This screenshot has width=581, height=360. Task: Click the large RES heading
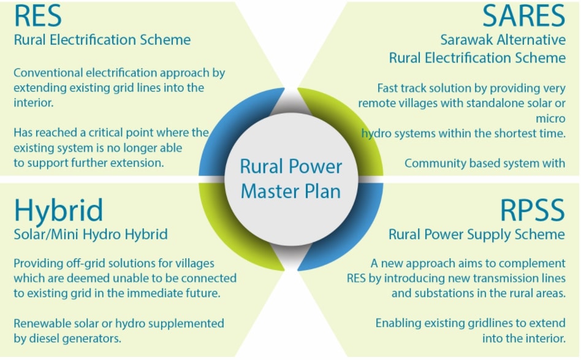click(38, 16)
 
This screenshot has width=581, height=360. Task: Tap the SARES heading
click(523, 16)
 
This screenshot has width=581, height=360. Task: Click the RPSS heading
click(533, 210)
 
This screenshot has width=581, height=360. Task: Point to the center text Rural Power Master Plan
click(291, 178)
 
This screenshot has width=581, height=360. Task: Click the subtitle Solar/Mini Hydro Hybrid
click(91, 235)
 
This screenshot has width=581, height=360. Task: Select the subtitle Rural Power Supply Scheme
click(477, 234)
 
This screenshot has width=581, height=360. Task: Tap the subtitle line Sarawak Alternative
click(503, 40)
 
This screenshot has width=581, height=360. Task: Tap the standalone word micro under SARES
click(550, 118)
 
